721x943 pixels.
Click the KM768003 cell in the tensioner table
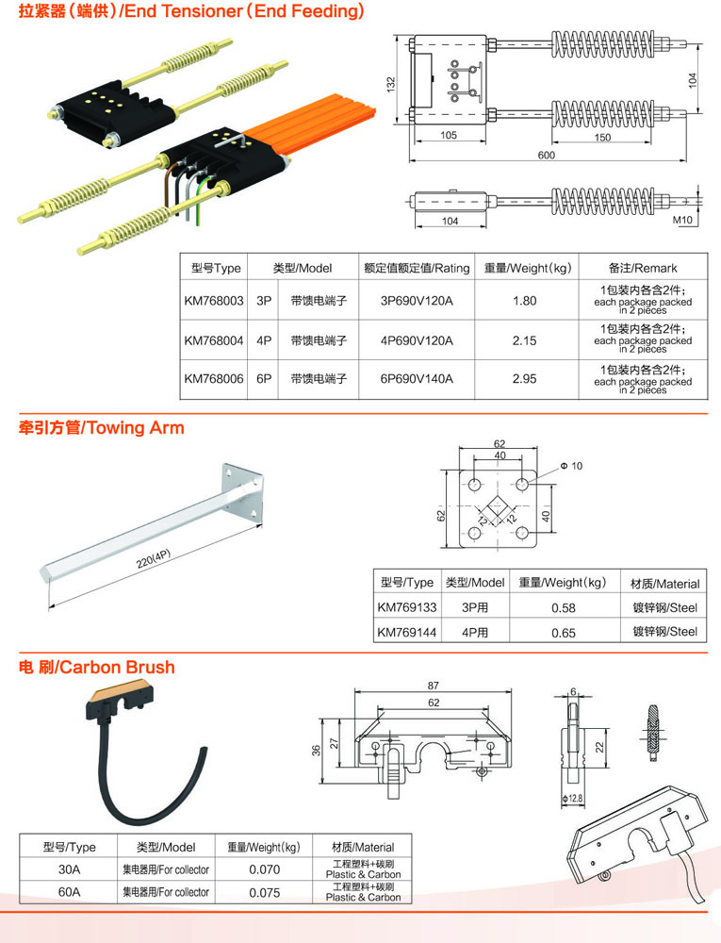coord(214,301)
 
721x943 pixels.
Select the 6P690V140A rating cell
coord(417,379)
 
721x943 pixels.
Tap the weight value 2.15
coord(525,340)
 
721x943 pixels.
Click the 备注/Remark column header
coord(642,268)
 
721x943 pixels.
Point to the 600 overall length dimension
coord(546,156)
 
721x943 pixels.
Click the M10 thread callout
coord(682,220)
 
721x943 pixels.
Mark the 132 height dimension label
coord(391,84)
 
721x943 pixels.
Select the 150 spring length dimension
coord(602,137)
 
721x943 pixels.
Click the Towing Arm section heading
coord(102,427)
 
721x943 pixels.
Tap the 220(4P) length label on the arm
coord(154,558)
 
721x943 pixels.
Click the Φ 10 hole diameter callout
coord(571,466)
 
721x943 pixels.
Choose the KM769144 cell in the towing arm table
coord(407,632)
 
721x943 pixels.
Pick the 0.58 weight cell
coord(564,608)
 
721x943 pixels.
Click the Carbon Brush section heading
coord(97,667)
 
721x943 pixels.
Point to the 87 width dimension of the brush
coord(434,686)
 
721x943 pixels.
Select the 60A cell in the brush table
coord(69,892)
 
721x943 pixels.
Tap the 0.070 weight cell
coord(264,869)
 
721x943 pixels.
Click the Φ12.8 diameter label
coord(572,798)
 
